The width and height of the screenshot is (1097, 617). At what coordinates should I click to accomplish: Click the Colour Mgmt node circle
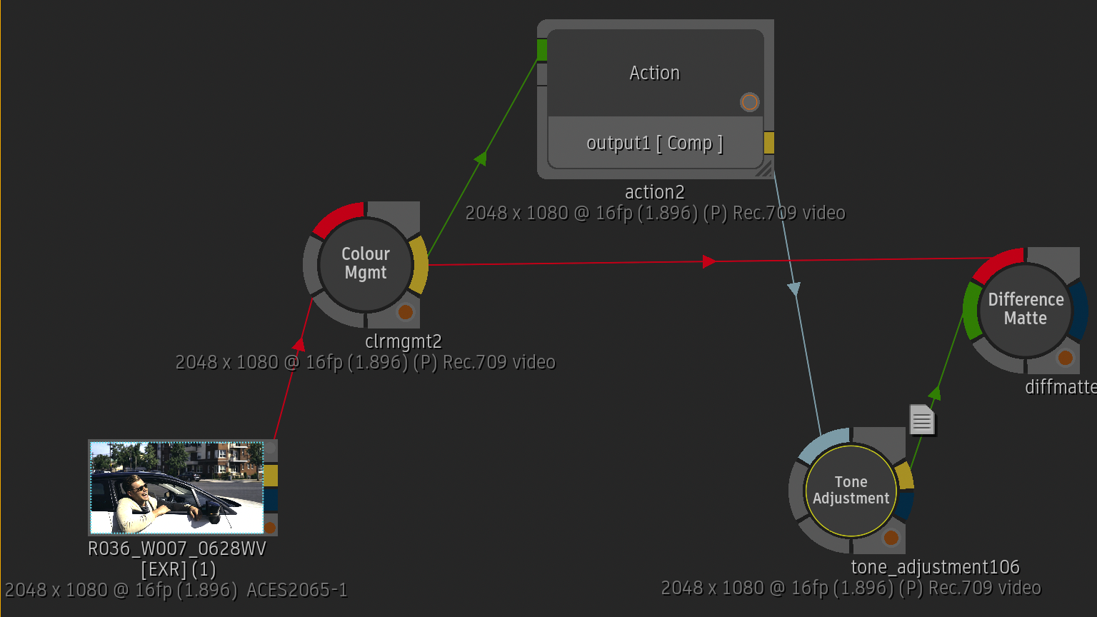coord(366,264)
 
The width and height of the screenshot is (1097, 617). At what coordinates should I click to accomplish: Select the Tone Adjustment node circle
coord(851,490)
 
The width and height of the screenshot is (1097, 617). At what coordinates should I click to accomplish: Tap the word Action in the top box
coord(655,73)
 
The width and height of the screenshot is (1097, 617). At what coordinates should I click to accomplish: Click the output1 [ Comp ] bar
coord(655,143)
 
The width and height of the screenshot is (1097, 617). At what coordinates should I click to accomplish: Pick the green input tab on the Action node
coord(541,50)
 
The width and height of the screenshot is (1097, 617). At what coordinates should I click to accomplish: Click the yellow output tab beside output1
coord(769,143)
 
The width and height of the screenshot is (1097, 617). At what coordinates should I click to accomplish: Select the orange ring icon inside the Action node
coord(749,102)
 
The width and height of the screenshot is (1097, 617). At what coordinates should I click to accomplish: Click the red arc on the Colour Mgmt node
coord(337,217)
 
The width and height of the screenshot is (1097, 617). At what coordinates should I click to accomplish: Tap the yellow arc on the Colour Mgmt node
coord(419,265)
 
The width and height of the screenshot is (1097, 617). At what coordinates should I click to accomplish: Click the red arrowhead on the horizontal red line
coord(709,261)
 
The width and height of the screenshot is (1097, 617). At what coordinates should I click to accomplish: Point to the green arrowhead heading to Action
coord(481,158)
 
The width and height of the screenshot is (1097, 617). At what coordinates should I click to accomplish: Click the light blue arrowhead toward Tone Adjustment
coord(794,289)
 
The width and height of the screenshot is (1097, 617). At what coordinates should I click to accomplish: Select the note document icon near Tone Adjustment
coord(922,420)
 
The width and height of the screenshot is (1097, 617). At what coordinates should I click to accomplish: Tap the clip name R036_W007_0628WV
coord(177,548)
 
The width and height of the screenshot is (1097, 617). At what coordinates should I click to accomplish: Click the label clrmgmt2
coord(404,341)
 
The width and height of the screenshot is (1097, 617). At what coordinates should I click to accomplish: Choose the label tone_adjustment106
coord(936,567)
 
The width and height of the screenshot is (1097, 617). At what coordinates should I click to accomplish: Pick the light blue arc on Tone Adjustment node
coord(822,443)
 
